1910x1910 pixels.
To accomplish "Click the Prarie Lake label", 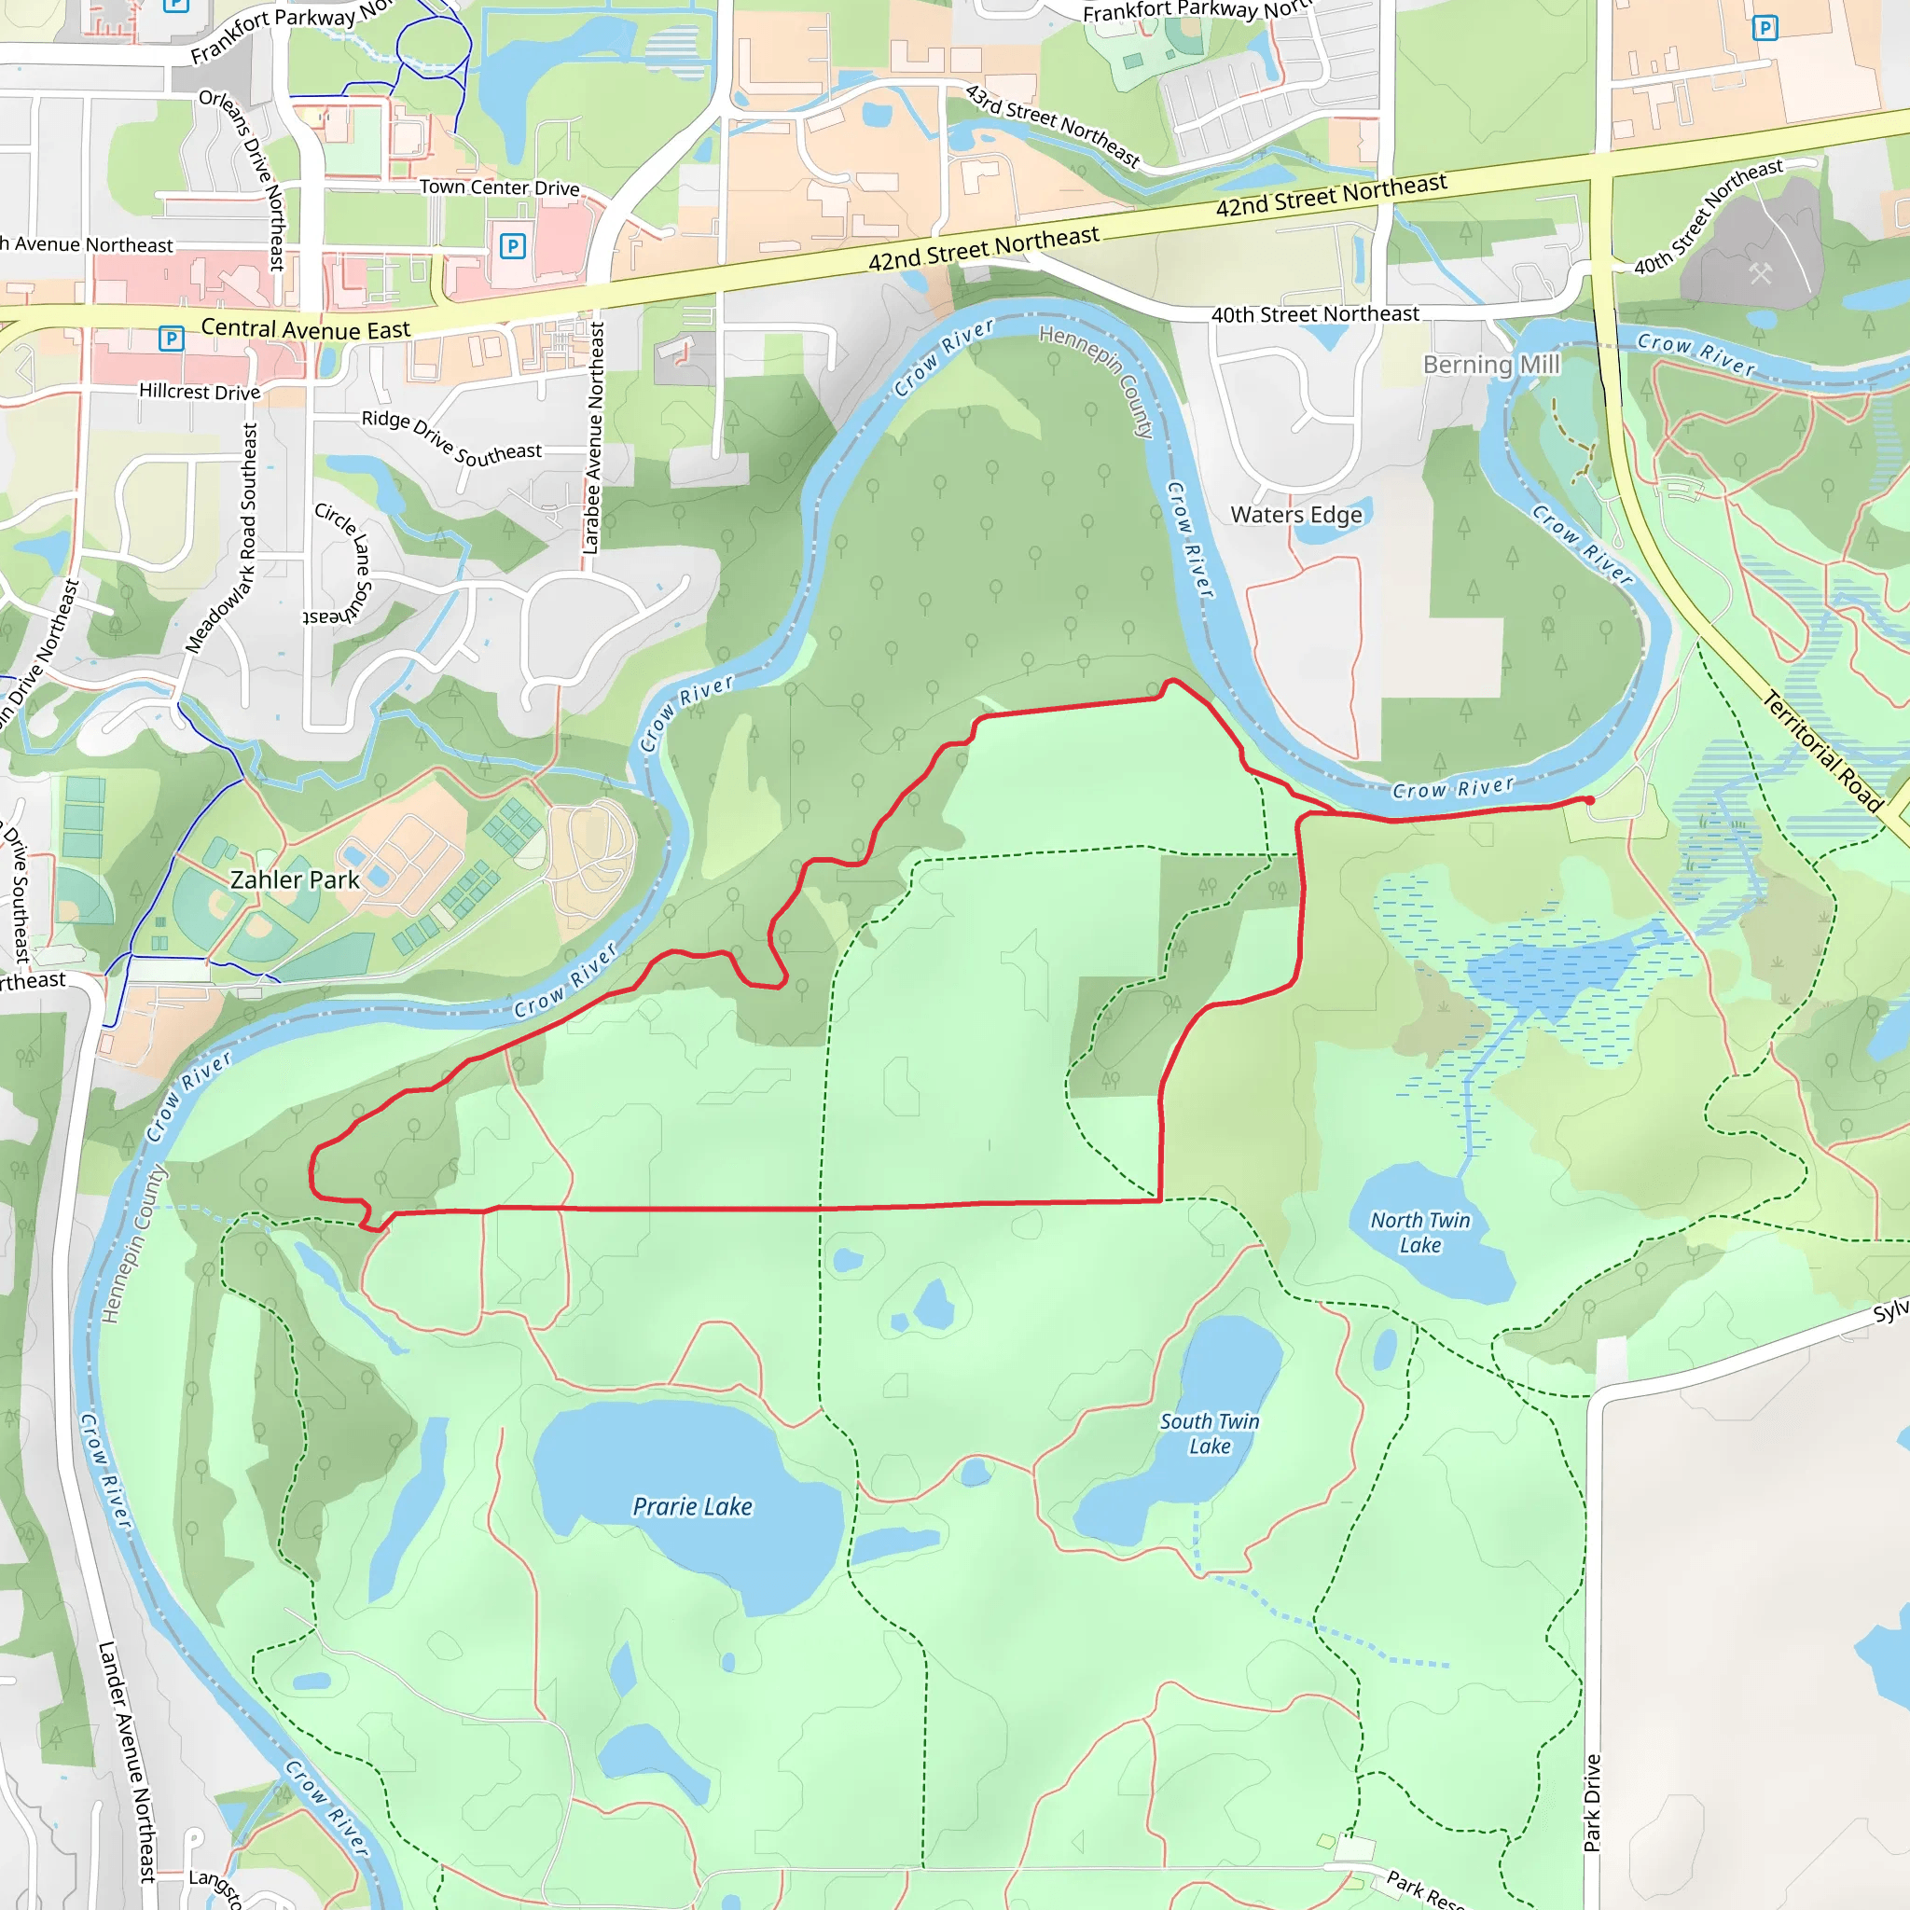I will [x=692, y=1507].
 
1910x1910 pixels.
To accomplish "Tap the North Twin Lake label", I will [x=1419, y=1233].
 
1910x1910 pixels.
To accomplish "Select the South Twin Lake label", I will [x=1209, y=1433].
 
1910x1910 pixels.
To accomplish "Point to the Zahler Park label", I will [x=295, y=879].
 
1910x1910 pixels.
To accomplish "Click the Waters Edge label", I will [x=1296, y=515].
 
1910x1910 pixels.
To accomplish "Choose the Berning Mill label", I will [x=1491, y=365].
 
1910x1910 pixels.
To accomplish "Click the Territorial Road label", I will [x=1822, y=752].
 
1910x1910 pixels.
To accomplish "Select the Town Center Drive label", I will [x=499, y=187].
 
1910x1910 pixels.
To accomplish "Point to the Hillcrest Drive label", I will [x=200, y=392].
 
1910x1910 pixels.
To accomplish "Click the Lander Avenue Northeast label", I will [x=128, y=1761].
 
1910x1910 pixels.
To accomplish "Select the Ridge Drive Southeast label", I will [x=451, y=438].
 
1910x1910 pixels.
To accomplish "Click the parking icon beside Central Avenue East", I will [x=171, y=339].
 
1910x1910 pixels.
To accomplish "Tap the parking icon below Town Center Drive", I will [x=512, y=245].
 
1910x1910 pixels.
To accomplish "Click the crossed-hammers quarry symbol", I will [x=1761, y=273].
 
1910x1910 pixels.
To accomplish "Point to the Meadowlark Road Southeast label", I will [x=224, y=539].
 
